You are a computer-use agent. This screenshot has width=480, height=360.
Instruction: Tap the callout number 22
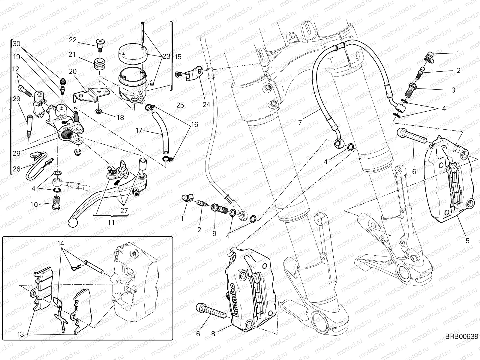click(x=73, y=40)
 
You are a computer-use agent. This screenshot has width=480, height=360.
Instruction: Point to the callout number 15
click(x=178, y=57)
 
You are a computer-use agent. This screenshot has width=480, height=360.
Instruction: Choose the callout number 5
click(x=467, y=240)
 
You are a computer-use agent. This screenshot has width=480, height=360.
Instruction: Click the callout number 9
click(x=214, y=233)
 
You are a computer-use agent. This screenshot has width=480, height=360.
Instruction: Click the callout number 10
click(x=34, y=205)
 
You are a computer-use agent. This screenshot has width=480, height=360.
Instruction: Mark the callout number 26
click(x=16, y=169)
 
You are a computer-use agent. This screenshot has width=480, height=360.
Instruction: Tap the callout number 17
click(x=139, y=131)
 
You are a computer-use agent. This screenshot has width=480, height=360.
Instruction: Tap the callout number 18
click(x=120, y=118)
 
